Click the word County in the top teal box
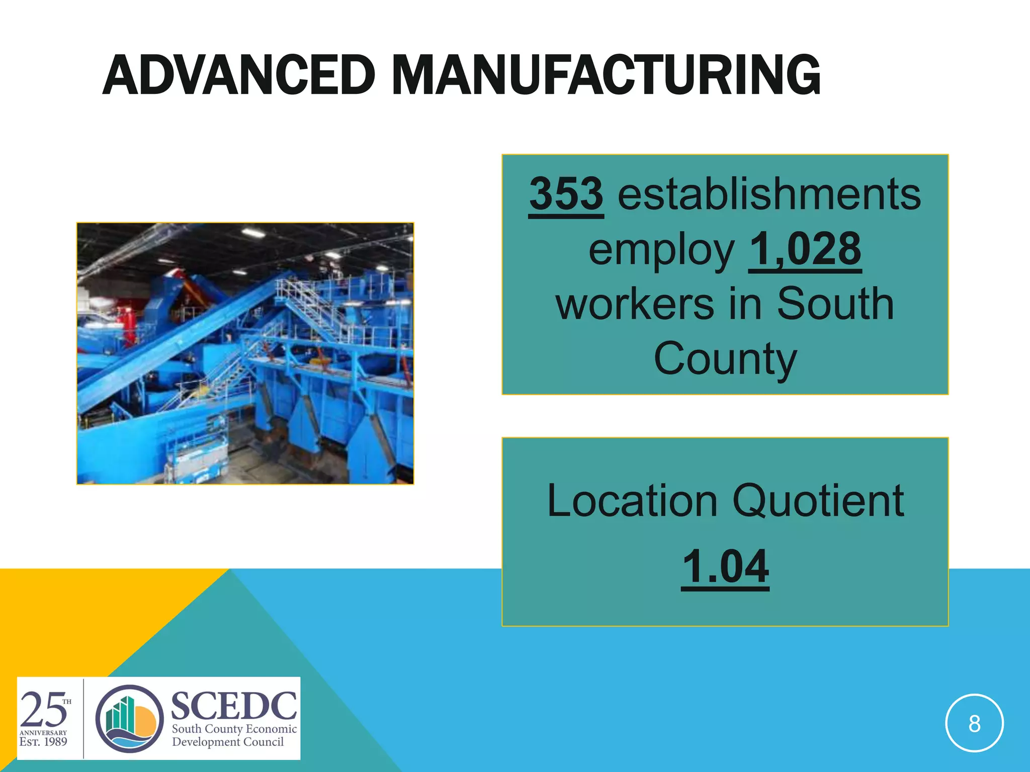point(725,359)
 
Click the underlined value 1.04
point(725,566)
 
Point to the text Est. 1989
point(43,742)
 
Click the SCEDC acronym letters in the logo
point(234,706)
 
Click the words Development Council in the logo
point(228,742)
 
